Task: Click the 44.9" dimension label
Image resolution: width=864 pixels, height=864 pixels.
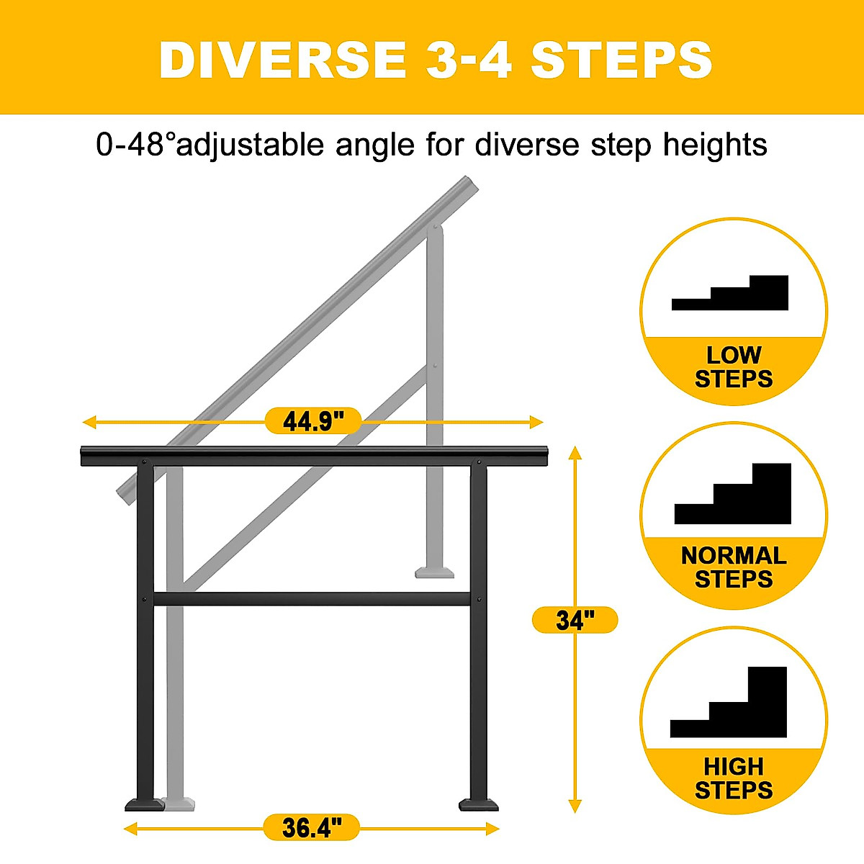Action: click(312, 421)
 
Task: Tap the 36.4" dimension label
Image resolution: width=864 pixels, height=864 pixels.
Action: click(311, 828)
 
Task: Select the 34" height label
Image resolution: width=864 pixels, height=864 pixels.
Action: click(575, 620)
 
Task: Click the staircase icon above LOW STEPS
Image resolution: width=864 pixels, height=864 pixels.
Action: click(731, 294)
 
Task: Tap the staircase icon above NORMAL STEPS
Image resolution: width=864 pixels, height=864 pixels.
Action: click(734, 495)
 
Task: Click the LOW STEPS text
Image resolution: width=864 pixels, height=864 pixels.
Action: click(733, 367)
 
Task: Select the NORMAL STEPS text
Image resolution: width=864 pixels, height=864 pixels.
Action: click(733, 567)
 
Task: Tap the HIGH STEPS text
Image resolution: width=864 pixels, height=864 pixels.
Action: click(733, 778)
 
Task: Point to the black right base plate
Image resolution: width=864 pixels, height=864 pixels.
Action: click(479, 804)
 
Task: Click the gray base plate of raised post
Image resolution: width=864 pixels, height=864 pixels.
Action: click(435, 572)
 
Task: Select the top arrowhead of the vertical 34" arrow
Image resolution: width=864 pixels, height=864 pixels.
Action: click(575, 452)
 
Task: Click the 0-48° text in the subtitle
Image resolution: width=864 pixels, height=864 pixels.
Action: click(135, 145)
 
